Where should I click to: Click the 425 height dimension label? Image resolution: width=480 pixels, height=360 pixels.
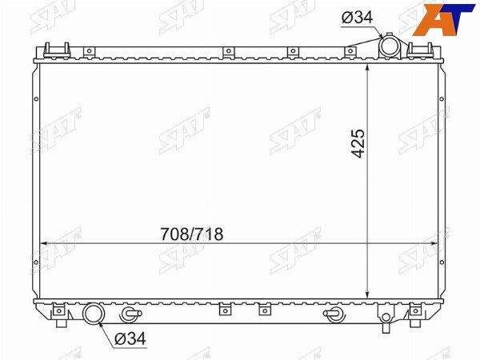tap(358, 143)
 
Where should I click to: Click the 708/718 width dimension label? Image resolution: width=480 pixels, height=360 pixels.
tap(192, 234)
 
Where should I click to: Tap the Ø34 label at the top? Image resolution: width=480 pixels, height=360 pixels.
tap(357, 18)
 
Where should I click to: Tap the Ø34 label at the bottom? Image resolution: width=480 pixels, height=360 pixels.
tap(130, 338)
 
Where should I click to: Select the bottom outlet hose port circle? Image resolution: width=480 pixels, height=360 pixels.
tap(94, 313)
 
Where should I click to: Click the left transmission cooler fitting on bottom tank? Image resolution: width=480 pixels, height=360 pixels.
tap(131, 314)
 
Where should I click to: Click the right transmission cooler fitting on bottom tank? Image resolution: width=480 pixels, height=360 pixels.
tap(335, 314)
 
